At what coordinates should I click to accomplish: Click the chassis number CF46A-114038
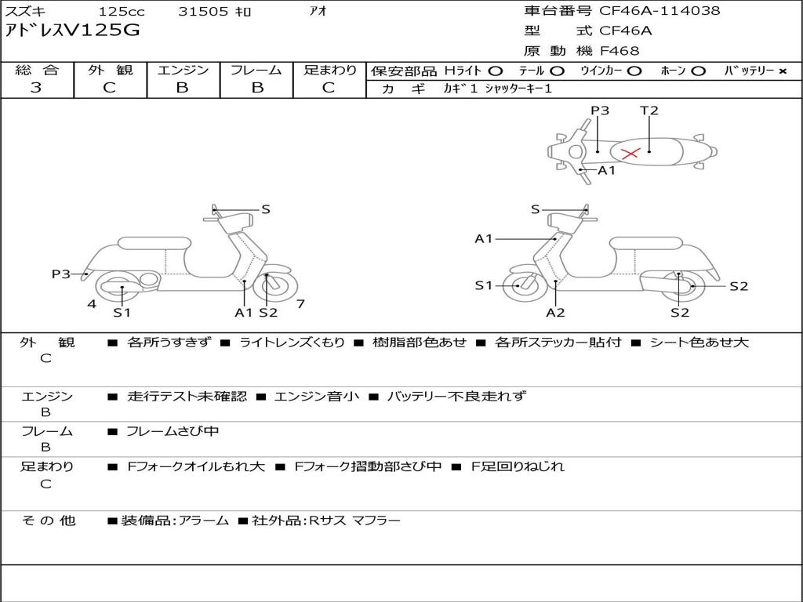click(659, 11)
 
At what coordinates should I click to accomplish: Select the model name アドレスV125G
click(72, 31)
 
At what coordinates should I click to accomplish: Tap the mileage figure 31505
click(203, 11)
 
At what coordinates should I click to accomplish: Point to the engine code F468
click(620, 51)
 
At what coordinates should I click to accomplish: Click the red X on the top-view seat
click(630, 153)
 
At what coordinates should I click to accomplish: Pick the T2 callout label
click(649, 111)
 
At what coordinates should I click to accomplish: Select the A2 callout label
click(555, 312)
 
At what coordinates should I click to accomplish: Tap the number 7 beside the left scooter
click(300, 304)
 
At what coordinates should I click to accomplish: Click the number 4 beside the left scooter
click(92, 305)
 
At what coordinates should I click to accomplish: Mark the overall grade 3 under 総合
click(36, 88)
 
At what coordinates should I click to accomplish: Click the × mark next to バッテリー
click(783, 71)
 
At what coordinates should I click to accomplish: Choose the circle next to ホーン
click(698, 71)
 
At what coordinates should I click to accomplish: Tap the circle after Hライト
click(496, 71)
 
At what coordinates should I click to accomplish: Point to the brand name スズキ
click(24, 11)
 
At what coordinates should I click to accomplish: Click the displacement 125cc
click(122, 11)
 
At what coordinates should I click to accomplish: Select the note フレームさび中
click(173, 432)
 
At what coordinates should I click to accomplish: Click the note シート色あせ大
click(699, 343)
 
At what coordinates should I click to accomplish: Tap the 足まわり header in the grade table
click(330, 70)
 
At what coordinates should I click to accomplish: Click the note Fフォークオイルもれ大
click(196, 467)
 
